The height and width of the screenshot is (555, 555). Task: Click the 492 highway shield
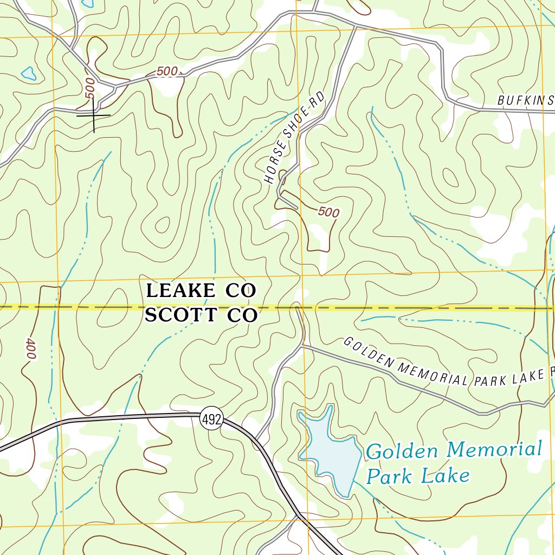coord(211,419)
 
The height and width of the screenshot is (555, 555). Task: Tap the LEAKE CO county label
coord(201,291)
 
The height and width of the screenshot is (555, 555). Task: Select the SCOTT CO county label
coord(201,315)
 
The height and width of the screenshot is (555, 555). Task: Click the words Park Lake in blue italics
coord(417,476)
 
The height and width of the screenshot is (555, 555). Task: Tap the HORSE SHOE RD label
coord(295,138)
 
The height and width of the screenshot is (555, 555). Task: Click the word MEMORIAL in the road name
coord(433,373)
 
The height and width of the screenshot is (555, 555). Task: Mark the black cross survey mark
coord(93,115)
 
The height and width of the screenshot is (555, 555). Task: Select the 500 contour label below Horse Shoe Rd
coord(328,212)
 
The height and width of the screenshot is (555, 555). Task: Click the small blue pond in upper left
coord(28,73)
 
